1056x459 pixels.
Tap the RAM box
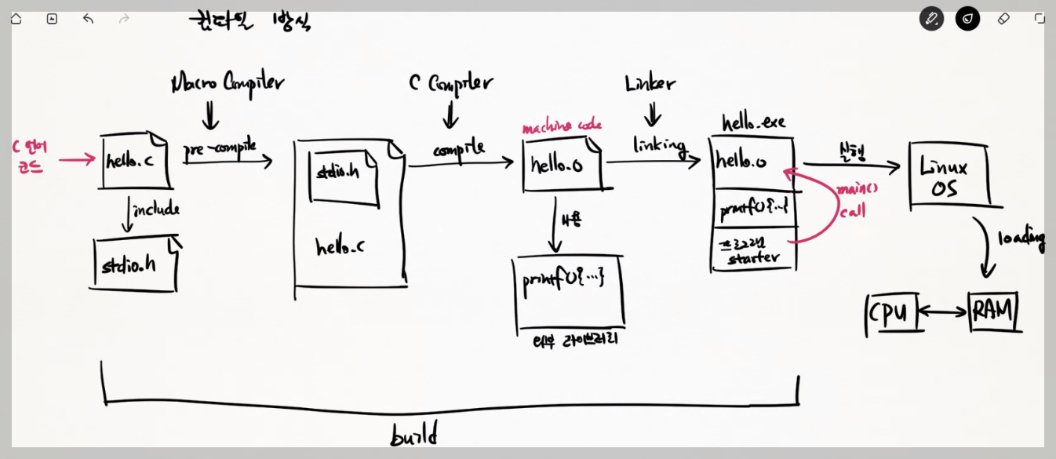993,311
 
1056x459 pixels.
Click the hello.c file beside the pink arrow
135,162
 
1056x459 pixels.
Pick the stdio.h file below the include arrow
132,264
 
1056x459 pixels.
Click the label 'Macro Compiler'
228,82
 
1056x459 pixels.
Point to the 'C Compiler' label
450,82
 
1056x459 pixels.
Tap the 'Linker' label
650,83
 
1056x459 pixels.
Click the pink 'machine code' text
562,126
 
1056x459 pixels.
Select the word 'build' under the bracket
413,434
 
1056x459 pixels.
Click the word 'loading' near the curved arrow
1021,239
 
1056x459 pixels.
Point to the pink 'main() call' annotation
854,201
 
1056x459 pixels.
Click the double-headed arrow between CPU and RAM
942,312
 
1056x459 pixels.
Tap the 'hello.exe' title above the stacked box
753,122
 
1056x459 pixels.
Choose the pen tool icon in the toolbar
931,18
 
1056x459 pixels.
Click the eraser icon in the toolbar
1003,18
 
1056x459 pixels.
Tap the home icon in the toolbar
16,18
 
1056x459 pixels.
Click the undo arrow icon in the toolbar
88,18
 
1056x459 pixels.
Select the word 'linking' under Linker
659,146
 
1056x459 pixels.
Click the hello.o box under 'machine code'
560,165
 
